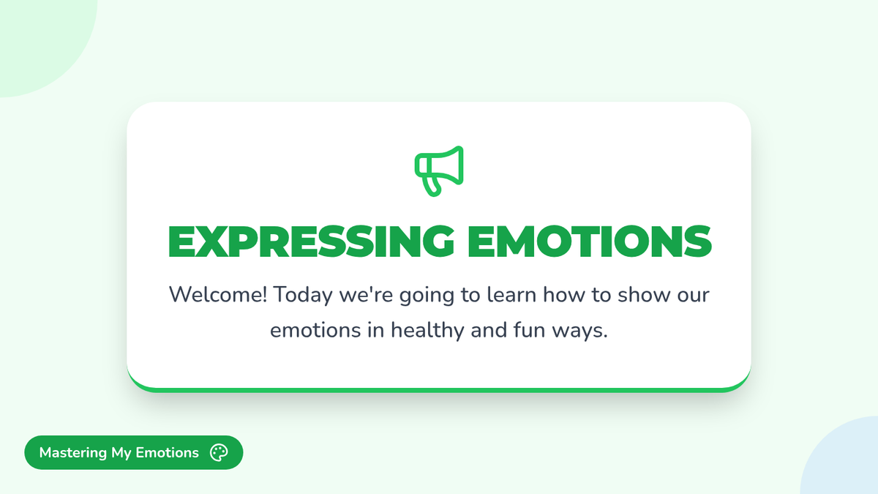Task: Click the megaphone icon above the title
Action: [x=439, y=171]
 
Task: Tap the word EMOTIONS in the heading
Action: [x=590, y=242]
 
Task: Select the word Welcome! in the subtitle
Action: [x=218, y=294]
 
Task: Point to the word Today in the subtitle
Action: [x=303, y=296]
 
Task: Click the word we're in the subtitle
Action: [x=366, y=294]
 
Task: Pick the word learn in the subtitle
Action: [x=511, y=294]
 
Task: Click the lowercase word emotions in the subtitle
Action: [x=315, y=331]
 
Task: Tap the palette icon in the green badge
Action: [x=219, y=452]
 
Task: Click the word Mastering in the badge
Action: [x=73, y=453]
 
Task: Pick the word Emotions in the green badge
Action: [x=168, y=452]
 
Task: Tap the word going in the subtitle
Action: [x=427, y=296]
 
